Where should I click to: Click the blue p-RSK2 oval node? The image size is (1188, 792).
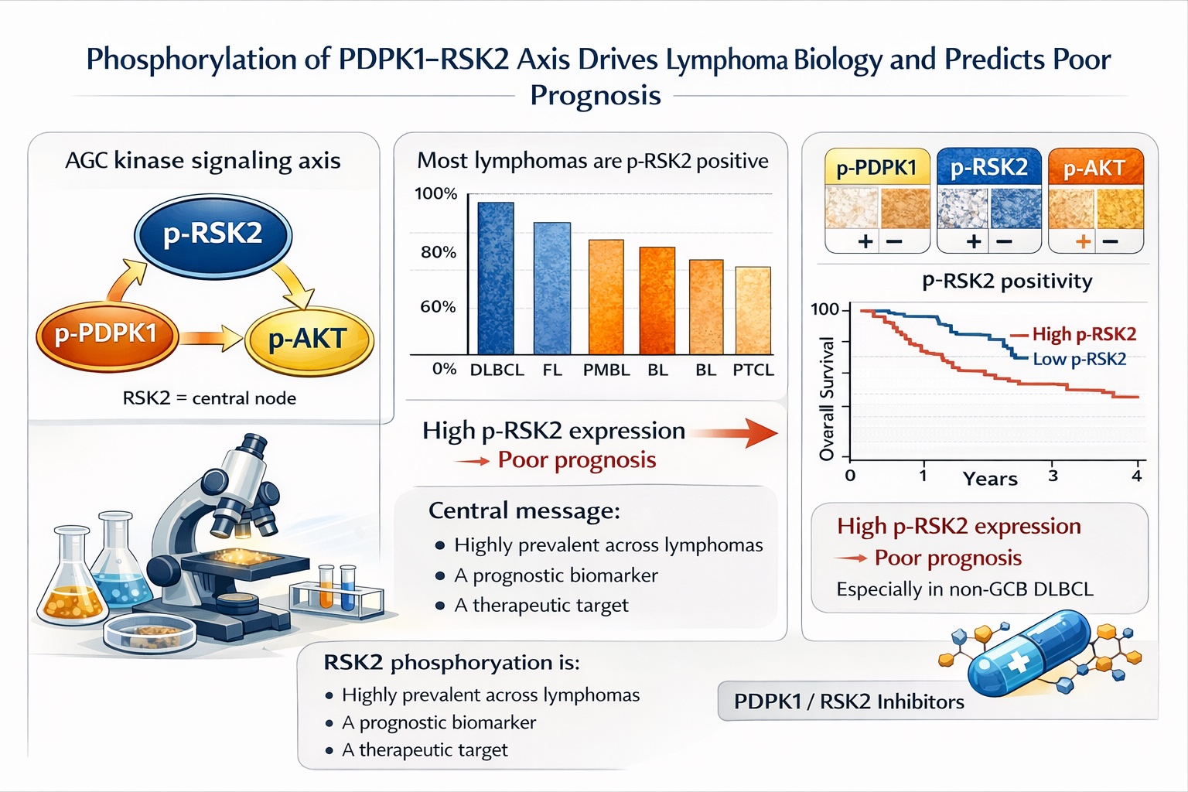[213, 235]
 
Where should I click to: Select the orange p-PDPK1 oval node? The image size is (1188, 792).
[107, 335]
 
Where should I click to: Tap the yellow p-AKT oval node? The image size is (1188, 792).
[309, 340]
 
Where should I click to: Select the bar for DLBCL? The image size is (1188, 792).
[496, 278]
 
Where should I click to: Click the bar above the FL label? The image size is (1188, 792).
[552, 288]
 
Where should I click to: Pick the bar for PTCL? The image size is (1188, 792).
[753, 310]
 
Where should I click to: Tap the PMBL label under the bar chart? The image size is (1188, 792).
[606, 370]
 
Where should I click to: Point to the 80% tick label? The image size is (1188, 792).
[438, 252]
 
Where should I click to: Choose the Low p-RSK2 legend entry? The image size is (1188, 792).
[1079, 359]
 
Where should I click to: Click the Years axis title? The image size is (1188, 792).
[989, 479]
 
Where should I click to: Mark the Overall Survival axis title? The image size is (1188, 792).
[827, 398]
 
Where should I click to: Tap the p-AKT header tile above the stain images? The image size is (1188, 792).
[1094, 168]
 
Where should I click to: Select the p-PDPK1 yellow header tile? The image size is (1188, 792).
[877, 168]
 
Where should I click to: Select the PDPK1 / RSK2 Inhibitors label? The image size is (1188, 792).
[848, 702]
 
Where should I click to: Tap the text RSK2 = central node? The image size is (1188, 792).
[209, 398]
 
